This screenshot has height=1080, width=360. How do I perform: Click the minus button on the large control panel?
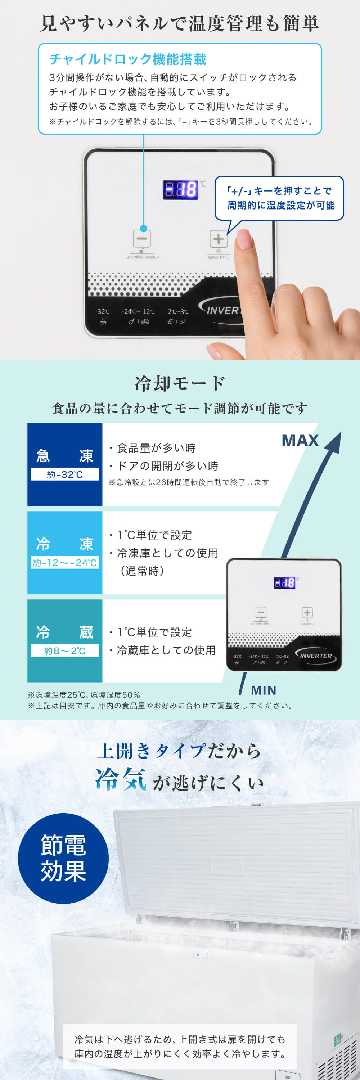141,239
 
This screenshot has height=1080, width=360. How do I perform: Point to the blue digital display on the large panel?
180,189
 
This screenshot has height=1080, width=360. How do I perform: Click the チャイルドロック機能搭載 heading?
128,59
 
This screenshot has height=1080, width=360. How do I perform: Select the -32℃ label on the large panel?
102,311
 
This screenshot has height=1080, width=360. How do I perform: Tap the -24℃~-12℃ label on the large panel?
138,311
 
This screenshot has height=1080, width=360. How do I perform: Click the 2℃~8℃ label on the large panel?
178,311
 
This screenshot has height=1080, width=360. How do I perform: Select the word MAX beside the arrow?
300,440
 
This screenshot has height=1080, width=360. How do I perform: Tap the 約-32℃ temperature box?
64,474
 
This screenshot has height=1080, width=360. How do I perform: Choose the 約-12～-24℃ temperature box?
64,563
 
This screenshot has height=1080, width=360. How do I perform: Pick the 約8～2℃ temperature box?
64,651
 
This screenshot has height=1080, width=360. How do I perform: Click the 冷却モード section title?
180,383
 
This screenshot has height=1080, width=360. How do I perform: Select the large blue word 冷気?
121,780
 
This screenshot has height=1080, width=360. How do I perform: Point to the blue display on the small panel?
284,582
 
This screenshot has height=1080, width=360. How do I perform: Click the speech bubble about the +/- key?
279,198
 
